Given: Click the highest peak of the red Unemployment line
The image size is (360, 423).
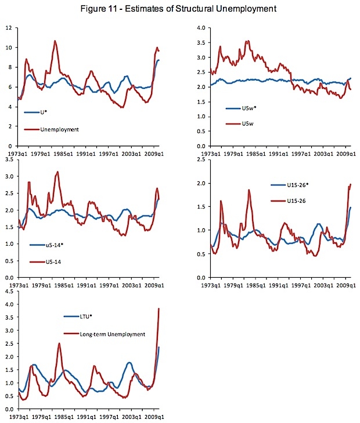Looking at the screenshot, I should [55, 41].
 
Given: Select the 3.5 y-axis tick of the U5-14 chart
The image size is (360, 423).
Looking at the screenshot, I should [9, 159].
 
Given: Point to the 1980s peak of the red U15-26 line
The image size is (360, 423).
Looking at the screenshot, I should [249, 190].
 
